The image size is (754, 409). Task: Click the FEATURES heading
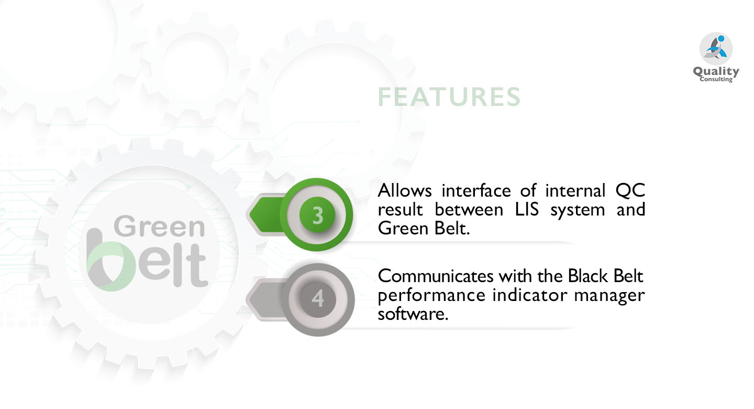click(449, 97)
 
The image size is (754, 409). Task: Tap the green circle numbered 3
click(316, 214)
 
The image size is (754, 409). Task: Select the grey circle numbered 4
click(317, 299)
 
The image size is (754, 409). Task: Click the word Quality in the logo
click(716, 71)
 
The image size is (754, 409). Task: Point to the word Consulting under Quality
click(716, 80)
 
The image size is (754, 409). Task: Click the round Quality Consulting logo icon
click(716, 48)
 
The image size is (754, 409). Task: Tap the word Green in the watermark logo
click(159, 227)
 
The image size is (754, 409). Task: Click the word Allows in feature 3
click(405, 191)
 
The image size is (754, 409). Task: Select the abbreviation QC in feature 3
click(630, 191)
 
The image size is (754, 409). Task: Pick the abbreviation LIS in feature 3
click(527, 210)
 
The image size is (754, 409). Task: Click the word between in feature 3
click(469, 210)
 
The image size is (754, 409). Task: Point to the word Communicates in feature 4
click(436, 276)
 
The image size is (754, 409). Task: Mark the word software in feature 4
click(413, 314)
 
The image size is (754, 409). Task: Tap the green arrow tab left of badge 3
click(266, 214)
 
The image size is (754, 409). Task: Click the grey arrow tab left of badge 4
click(266, 299)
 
